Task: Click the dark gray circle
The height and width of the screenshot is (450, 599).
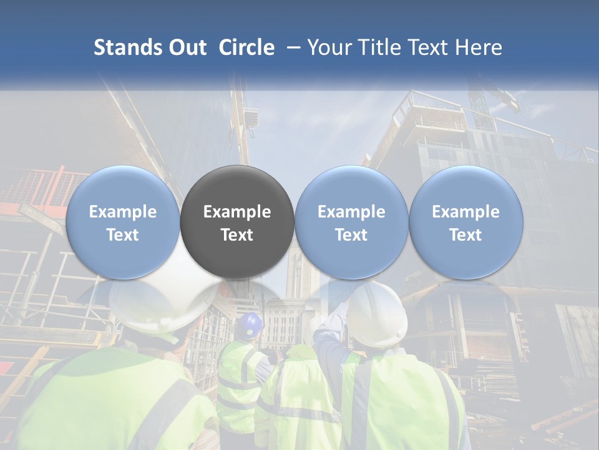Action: tap(237, 222)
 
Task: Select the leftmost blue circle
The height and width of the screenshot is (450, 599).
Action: tap(123, 222)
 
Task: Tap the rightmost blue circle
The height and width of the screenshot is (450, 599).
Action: tap(465, 222)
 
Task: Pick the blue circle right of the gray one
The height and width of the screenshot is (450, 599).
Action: tap(351, 222)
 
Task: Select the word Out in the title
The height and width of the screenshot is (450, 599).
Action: tap(188, 47)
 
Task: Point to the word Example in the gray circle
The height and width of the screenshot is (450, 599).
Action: tap(237, 212)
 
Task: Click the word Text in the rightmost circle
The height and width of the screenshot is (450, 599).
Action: tap(465, 234)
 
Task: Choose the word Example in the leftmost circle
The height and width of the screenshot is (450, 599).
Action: tap(123, 212)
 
